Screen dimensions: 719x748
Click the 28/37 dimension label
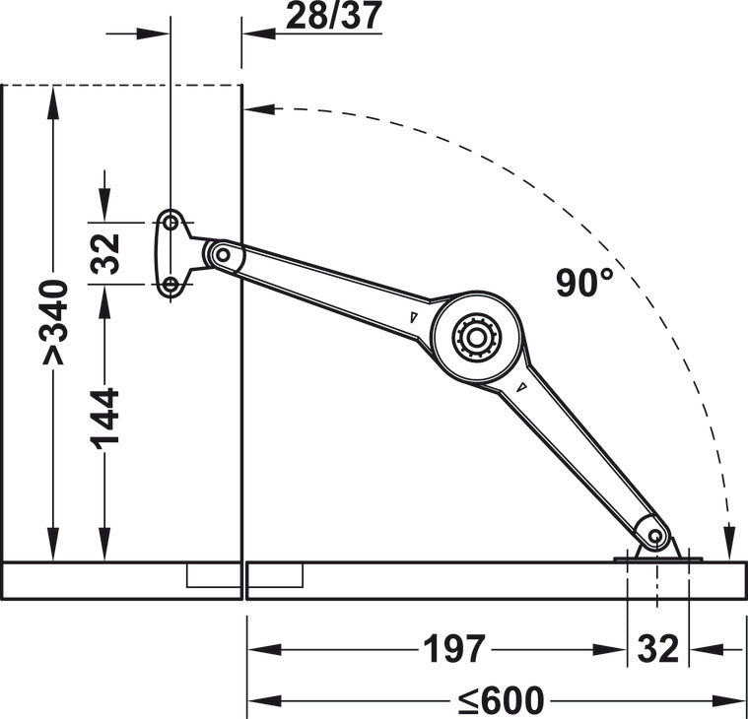click(x=333, y=16)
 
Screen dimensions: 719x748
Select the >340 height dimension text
click(x=54, y=322)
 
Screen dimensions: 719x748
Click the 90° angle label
click(x=584, y=283)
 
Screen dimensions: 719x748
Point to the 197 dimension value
click(x=454, y=649)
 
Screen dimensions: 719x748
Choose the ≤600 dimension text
click(x=501, y=700)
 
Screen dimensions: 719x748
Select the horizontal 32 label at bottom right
click(x=657, y=649)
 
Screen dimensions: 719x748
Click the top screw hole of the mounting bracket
click(x=170, y=223)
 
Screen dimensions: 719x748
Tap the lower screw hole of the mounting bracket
click(x=170, y=285)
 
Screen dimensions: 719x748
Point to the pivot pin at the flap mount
click(x=654, y=536)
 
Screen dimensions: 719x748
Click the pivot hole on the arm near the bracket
click(x=223, y=255)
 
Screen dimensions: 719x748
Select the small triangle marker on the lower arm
click(x=520, y=387)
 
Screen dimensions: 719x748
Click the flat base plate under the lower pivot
click(x=657, y=559)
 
